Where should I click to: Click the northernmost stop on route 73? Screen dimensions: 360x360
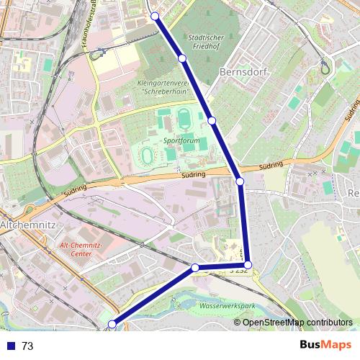pyautogui.click(x=155, y=15)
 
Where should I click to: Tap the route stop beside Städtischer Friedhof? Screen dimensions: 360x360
pyautogui.click(x=182, y=58)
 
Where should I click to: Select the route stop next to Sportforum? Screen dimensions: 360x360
pyautogui.click(x=212, y=120)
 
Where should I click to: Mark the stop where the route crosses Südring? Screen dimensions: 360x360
pyautogui.click(x=240, y=181)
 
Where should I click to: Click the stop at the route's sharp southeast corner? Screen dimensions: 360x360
pyautogui.click(x=248, y=265)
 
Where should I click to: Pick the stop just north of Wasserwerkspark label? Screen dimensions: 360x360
pyautogui.click(x=194, y=268)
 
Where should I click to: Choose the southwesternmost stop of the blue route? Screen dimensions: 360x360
pyautogui.click(x=112, y=325)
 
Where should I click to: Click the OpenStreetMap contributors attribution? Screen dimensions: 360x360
pyautogui.click(x=297, y=323)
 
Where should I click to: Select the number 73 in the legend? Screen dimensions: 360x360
pyautogui.click(x=27, y=346)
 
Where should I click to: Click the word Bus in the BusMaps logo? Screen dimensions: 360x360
pyautogui.click(x=310, y=344)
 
